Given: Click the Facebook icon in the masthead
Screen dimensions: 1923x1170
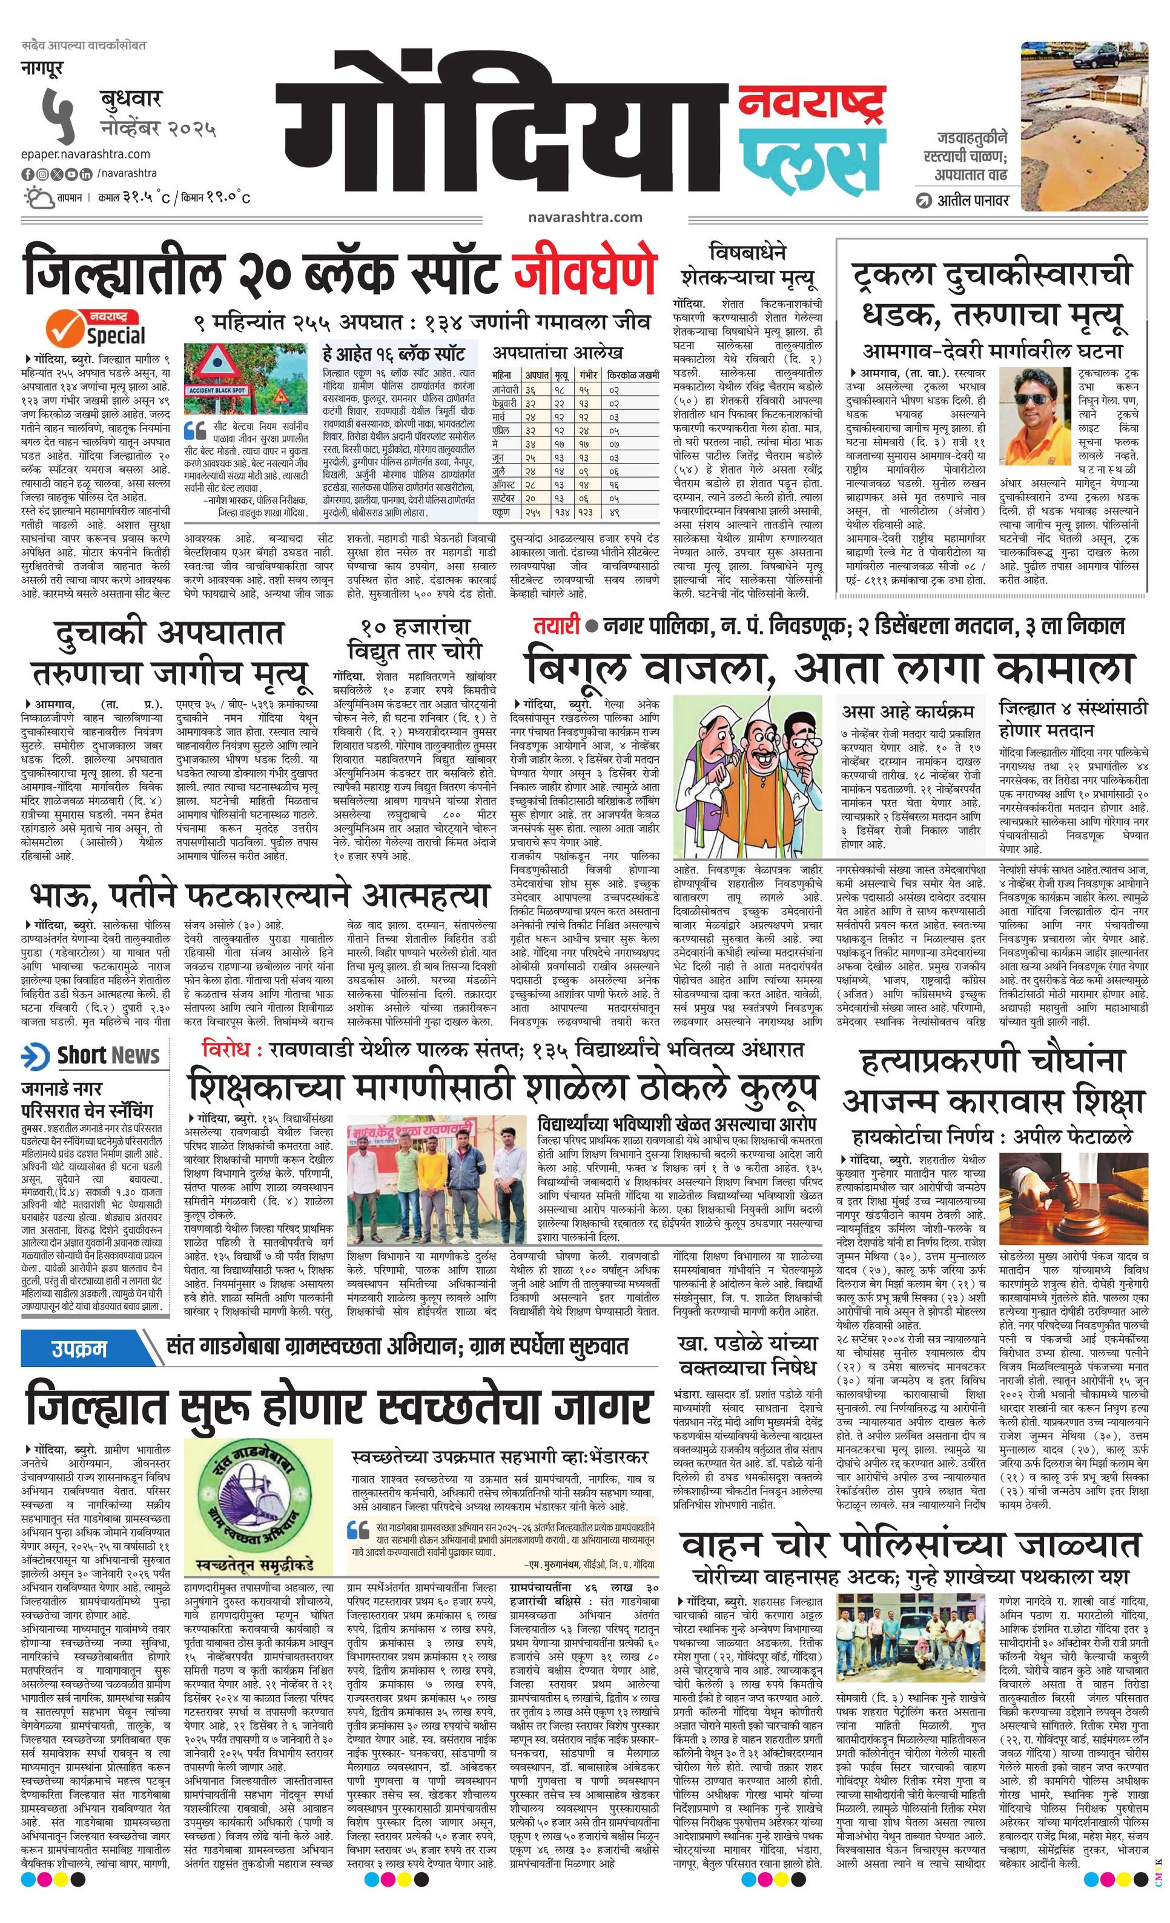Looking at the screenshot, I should pos(27,173).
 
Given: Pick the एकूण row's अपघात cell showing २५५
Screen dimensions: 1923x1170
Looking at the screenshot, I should pos(533,512).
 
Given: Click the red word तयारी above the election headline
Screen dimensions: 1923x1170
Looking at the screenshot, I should pos(556,626).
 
